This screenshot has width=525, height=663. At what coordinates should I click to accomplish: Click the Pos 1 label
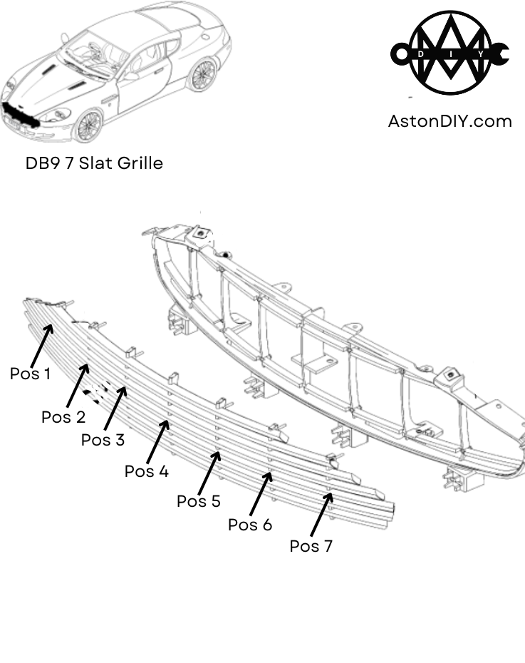coord(30,373)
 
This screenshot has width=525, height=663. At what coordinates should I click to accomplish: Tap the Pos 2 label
coord(63,417)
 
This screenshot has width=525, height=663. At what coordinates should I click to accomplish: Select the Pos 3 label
coord(103,440)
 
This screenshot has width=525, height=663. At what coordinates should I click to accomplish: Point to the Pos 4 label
coord(146,471)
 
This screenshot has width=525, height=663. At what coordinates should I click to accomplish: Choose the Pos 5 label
coord(198,501)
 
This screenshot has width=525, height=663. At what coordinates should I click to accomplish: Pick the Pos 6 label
coord(249,525)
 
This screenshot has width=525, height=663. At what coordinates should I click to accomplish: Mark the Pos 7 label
coord(311,546)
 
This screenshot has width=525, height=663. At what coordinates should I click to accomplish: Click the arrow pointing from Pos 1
coord(41,345)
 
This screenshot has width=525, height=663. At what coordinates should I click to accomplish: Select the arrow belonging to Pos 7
coord(322,513)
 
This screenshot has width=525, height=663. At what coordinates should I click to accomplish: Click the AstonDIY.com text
coord(449,121)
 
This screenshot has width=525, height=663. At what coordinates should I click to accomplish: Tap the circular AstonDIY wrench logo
coord(449,53)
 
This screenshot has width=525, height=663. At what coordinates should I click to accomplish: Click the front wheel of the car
coord(89,125)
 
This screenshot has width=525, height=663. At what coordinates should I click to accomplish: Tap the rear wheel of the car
coord(203,73)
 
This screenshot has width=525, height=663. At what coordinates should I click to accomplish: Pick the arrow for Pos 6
coord(261,492)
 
